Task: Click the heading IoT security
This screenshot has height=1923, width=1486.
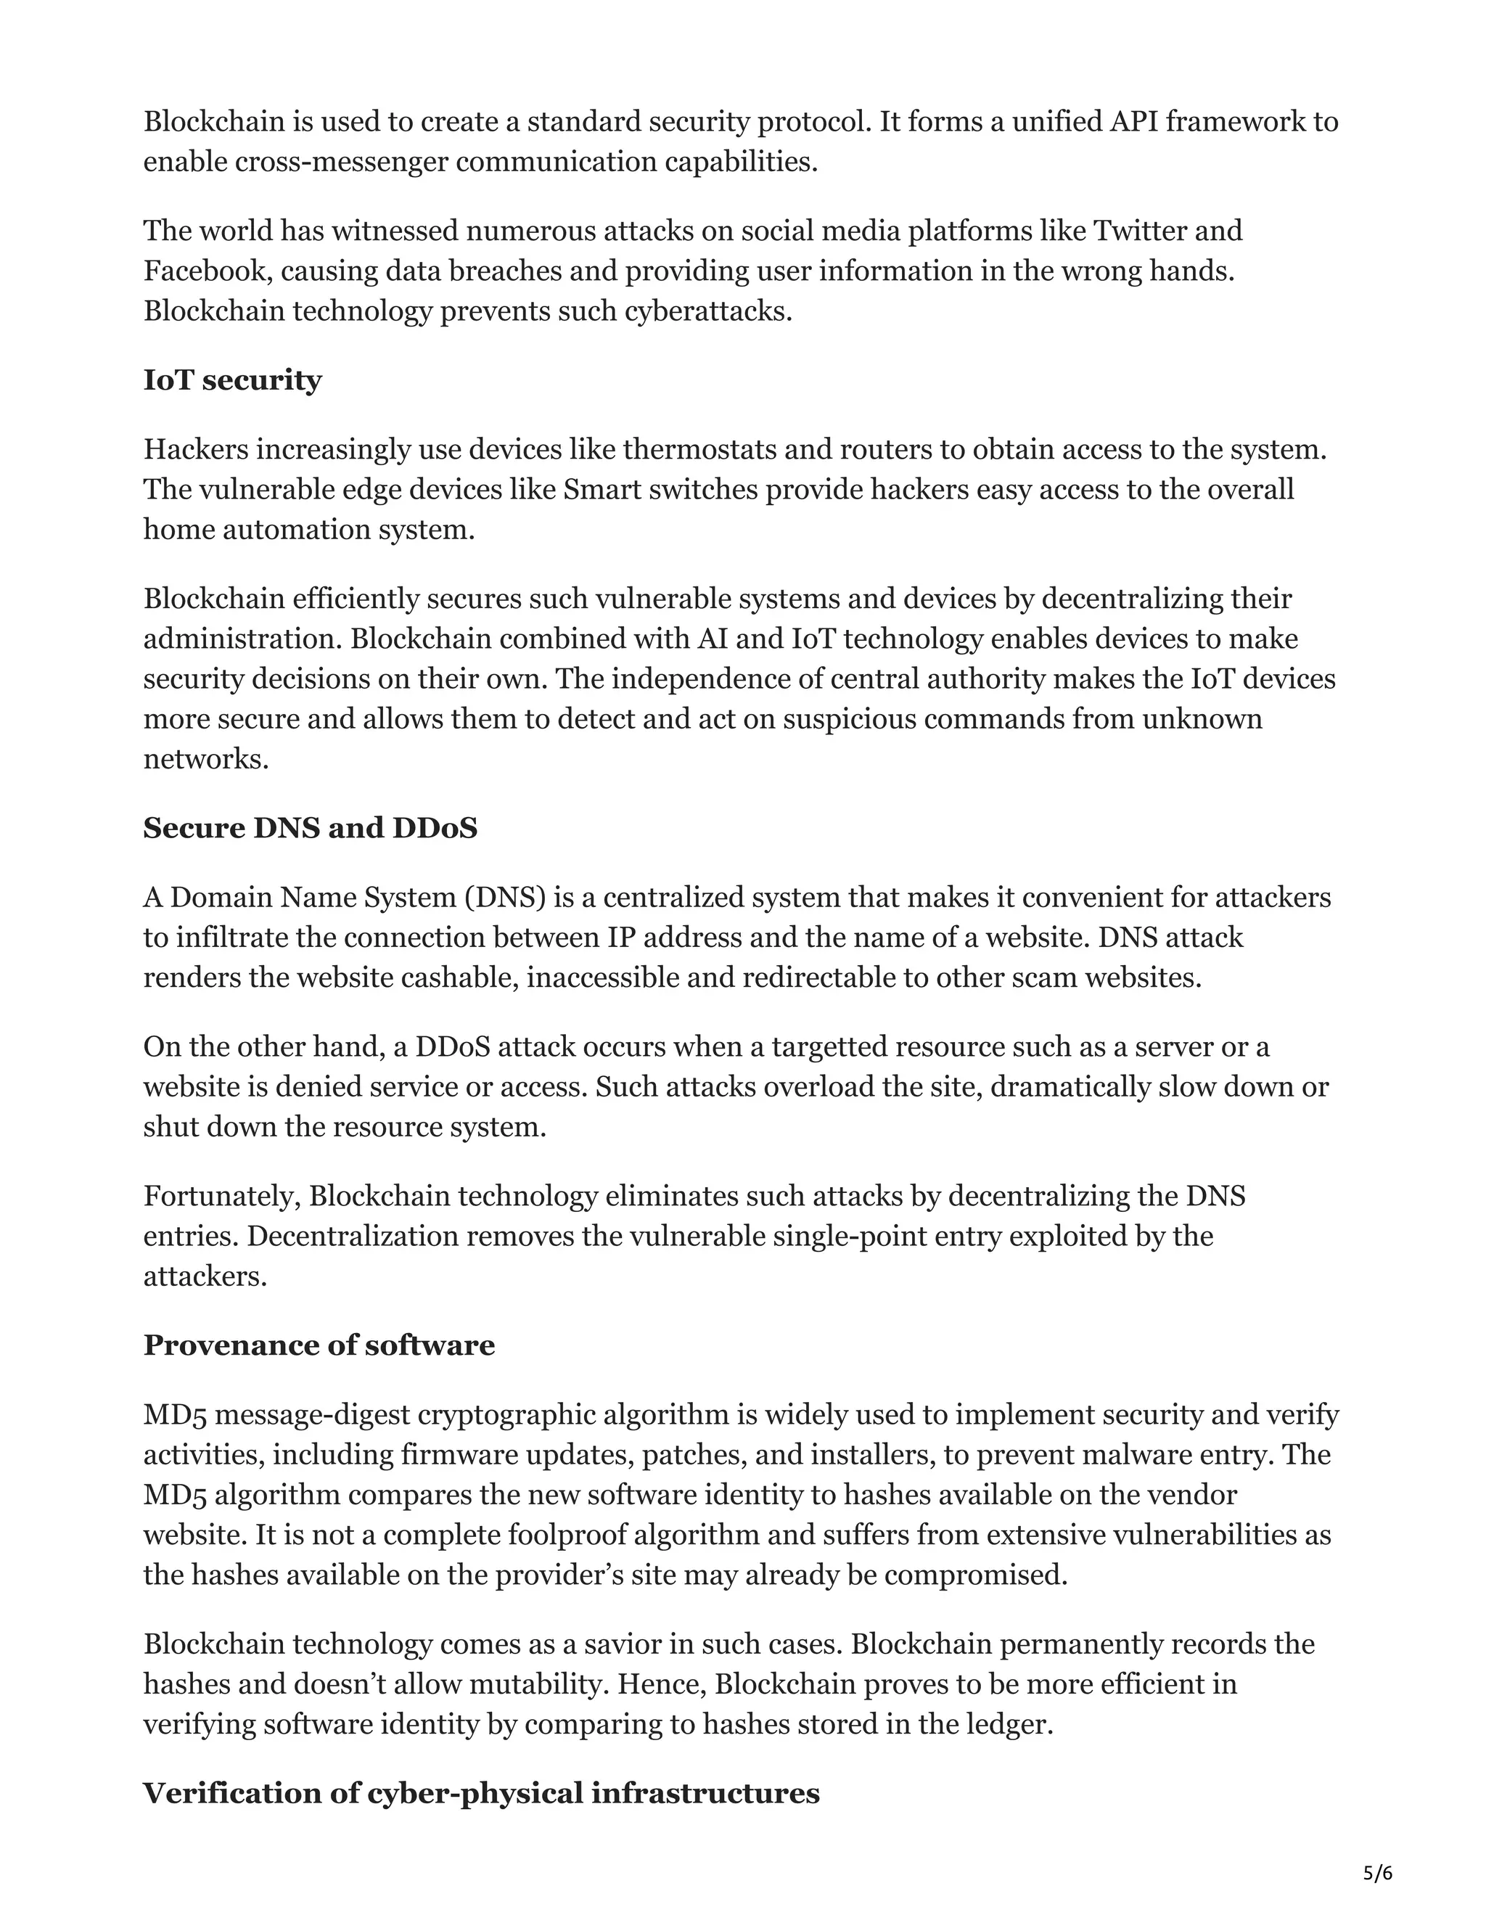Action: pos(232,380)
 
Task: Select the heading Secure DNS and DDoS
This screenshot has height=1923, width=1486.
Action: pos(310,828)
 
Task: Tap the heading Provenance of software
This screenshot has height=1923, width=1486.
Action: pos(319,1345)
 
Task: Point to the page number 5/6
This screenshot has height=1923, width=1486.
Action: pos(1378,1874)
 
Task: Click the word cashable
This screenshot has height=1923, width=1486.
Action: pos(459,978)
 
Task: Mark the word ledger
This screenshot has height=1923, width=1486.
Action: pos(1007,1724)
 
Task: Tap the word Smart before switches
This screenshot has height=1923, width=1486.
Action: pos(602,490)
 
